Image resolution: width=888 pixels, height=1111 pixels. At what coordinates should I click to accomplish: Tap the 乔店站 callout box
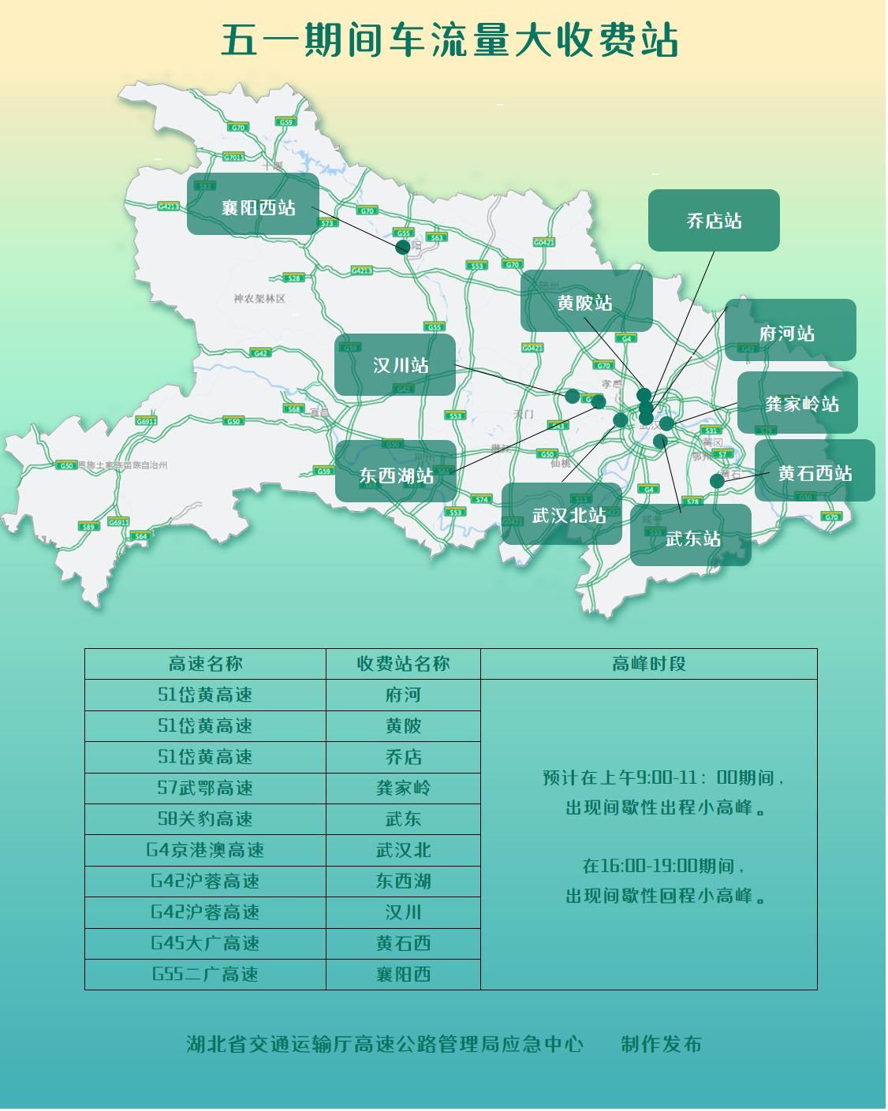714,221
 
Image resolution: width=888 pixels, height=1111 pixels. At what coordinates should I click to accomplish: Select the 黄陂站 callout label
586,301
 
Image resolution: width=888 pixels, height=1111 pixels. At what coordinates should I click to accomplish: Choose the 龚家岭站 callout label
798,403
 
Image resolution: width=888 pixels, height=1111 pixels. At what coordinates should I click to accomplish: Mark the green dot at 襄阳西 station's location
403,247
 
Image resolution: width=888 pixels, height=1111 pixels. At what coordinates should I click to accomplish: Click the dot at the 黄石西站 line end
717,480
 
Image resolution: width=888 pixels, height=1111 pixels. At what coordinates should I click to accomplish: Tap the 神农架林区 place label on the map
259,299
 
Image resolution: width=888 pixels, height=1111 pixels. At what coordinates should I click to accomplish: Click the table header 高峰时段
648,664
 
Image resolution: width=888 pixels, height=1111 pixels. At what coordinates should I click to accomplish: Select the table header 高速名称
205,664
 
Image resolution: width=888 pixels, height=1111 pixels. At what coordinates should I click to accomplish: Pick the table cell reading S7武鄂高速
205,788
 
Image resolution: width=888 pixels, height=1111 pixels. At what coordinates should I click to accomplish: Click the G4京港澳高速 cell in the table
205,850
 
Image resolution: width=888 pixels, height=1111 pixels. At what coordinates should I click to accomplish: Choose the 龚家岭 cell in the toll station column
403,788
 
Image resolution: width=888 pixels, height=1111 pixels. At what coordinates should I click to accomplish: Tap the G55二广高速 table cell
205,974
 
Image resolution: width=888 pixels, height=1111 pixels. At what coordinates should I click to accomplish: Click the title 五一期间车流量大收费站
449,41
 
